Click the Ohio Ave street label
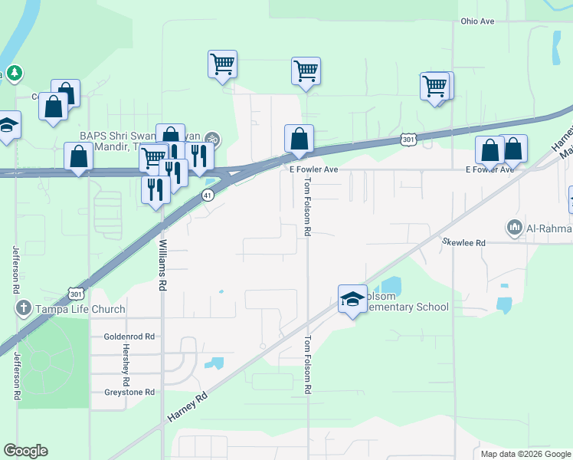pos(477,21)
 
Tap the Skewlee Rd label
pos(464,242)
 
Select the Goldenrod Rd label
pos(129,337)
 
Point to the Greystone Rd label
pos(129,392)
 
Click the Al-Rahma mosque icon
pos(513,228)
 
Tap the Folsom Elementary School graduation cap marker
pos(352,298)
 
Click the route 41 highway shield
pos(208,195)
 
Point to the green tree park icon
pos(15,74)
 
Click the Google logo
pos(25,451)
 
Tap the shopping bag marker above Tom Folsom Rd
pos(299,139)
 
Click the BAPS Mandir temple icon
pos(214,140)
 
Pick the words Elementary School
pos(411,307)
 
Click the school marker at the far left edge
pos(8,124)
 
